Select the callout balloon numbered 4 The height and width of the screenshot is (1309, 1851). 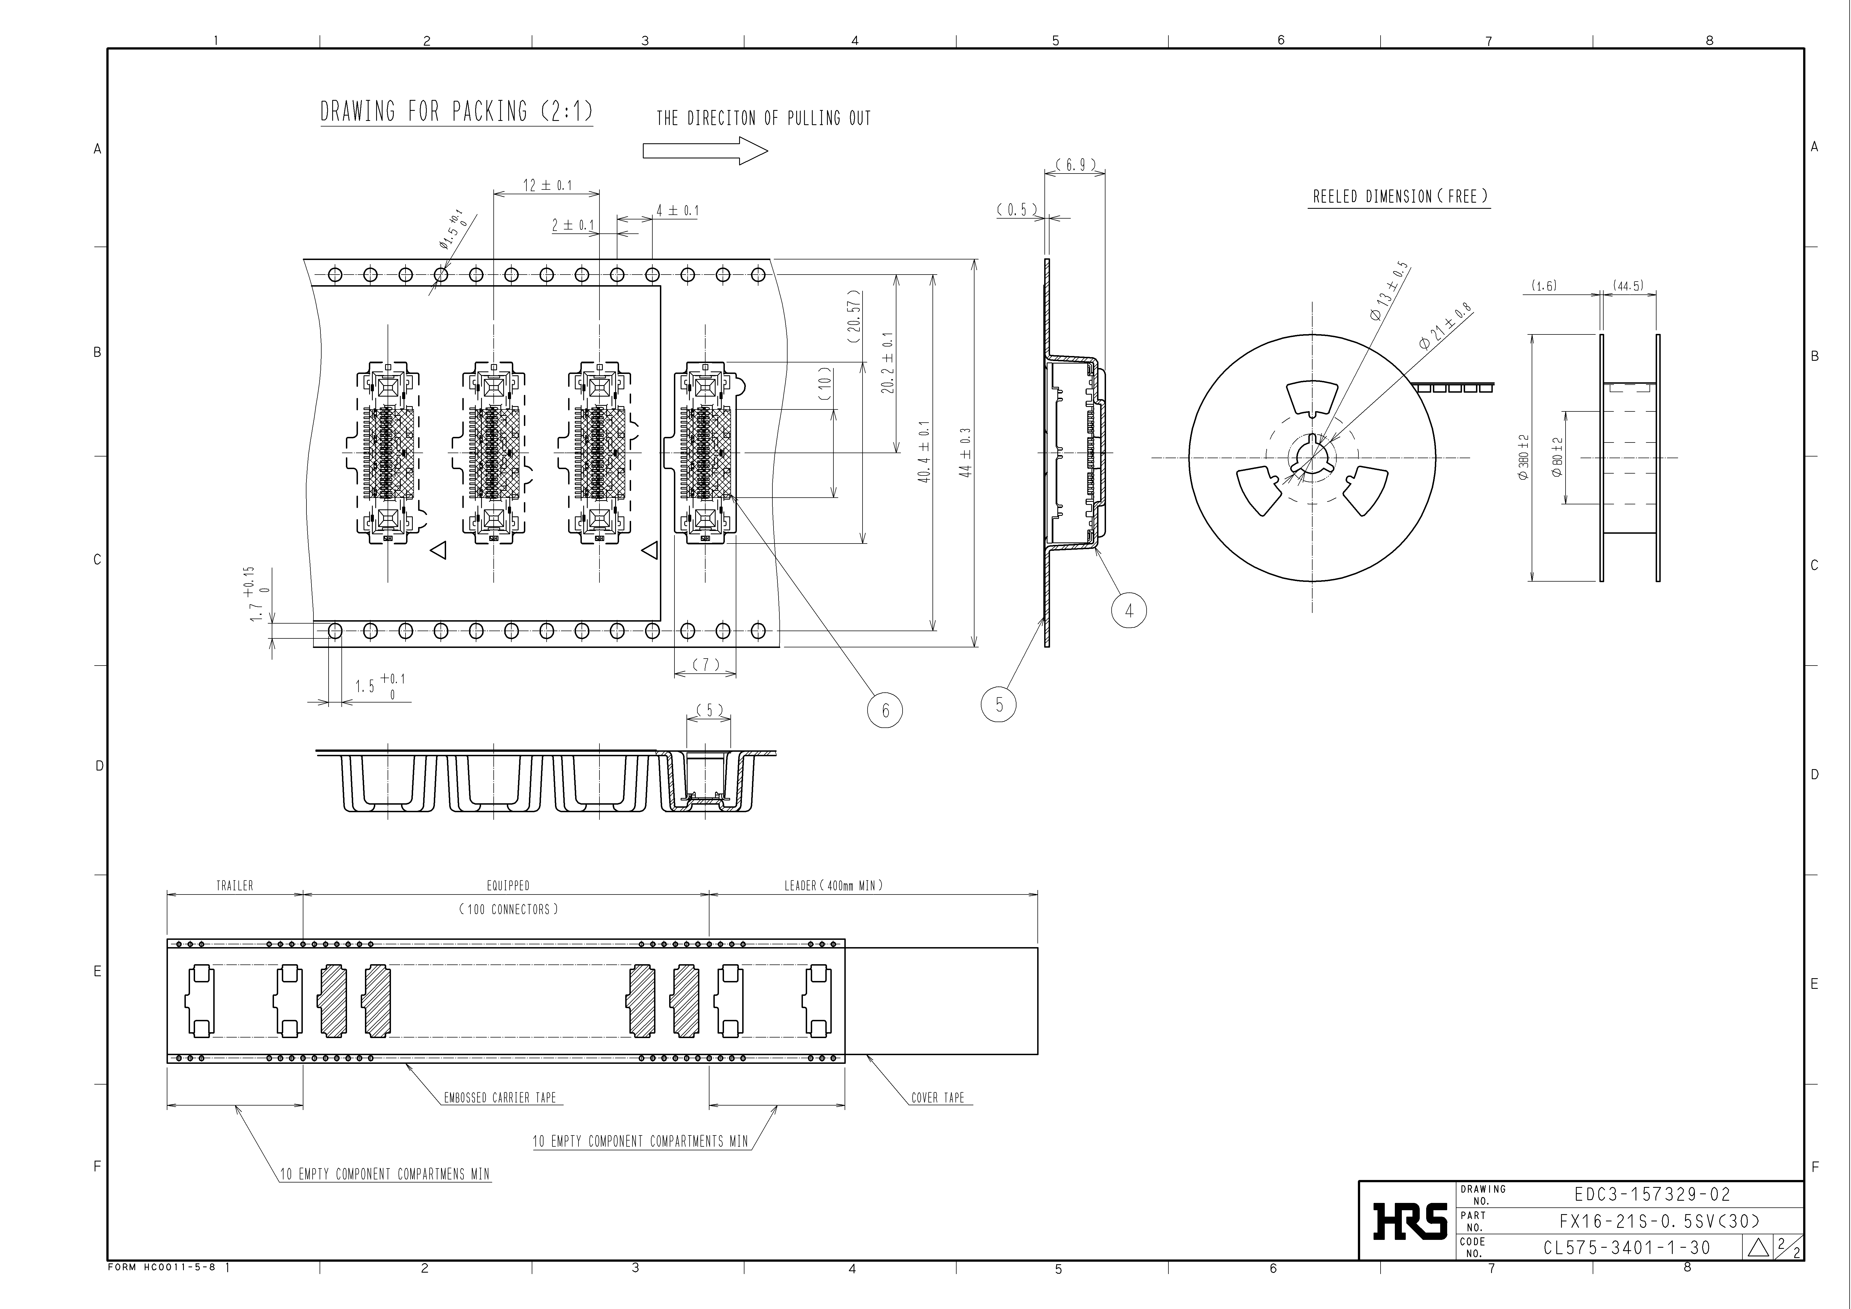(x=1129, y=611)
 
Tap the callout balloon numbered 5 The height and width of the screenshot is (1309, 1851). (x=999, y=704)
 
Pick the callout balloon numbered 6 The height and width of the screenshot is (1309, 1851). (x=885, y=710)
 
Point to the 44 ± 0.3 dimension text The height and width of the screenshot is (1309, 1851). (x=966, y=452)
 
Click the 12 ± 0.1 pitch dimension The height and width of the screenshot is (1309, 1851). (x=547, y=185)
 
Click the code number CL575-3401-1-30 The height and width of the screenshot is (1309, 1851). (x=1627, y=1248)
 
